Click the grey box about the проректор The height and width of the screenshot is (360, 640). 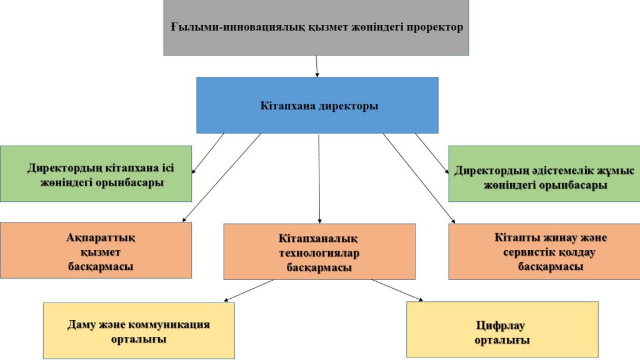pyautogui.click(x=316, y=27)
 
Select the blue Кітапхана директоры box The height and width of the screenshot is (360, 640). pyautogui.click(x=317, y=105)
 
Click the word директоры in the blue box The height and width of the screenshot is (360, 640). pyautogui.click(x=348, y=106)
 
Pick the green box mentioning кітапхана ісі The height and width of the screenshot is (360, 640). pyautogui.click(x=96, y=174)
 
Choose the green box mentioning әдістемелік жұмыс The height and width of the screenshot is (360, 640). pyautogui.click(x=544, y=174)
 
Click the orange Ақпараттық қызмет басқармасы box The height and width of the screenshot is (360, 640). pyautogui.click(x=96, y=250)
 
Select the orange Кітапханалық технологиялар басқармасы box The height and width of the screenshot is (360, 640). pyautogui.click(x=319, y=251)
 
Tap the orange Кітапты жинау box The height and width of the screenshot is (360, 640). pyautogui.click(x=544, y=251)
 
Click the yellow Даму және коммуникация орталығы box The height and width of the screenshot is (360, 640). pyautogui.click(x=139, y=331)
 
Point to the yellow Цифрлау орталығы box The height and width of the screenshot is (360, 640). pyautogui.click(x=502, y=330)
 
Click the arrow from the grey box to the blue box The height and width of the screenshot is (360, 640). pyautogui.click(x=317, y=66)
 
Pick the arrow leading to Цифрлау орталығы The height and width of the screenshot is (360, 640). pyautogui.click(x=397, y=290)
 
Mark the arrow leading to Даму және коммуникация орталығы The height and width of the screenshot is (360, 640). pyautogui.click(x=249, y=291)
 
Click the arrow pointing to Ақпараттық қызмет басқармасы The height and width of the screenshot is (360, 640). pyautogui.click(x=222, y=177)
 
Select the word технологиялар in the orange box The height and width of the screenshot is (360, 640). pyautogui.click(x=319, y=253)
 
